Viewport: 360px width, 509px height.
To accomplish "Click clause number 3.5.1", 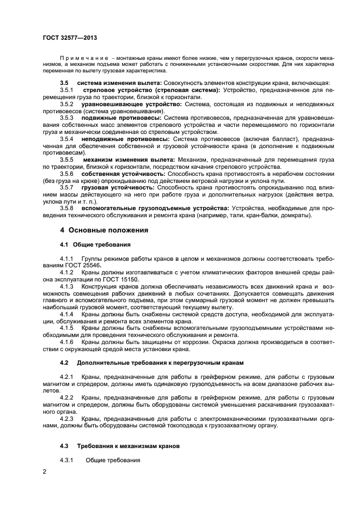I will click(x=66, y=89).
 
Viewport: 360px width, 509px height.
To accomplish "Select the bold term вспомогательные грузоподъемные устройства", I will click(x=155, y=208).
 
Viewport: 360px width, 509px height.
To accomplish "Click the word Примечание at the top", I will click(x=82, y=57).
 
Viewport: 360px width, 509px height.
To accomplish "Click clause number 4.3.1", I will click(x=66, y=461).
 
